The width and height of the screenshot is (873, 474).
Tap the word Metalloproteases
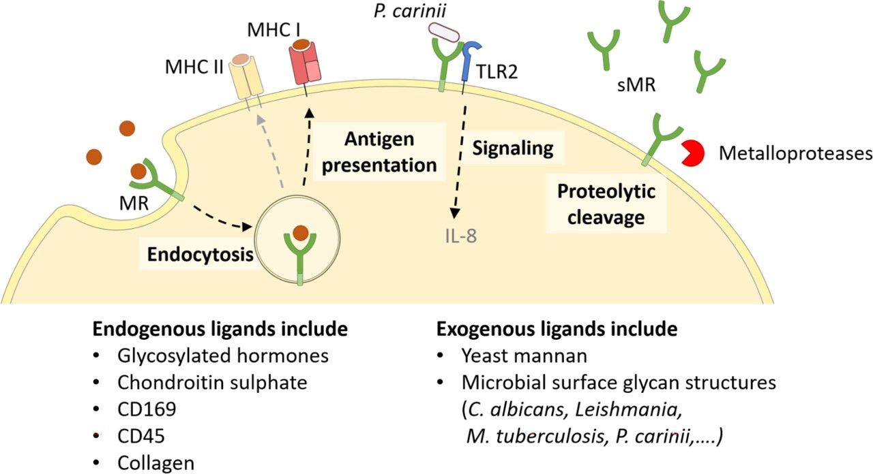pyautogui.click(x=795, y=154)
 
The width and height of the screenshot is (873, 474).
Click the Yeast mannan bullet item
pyautogui.click(x=514, y=356)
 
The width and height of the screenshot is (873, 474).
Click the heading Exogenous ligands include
pyautogui.click(x=556, y=330)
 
